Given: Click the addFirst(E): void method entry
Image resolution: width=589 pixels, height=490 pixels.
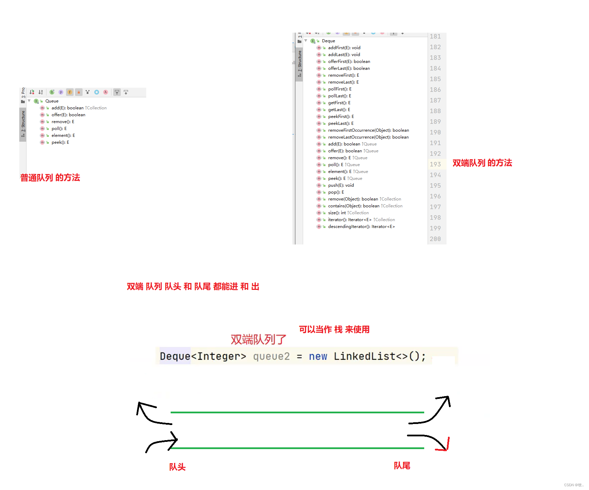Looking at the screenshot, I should click(344, 48).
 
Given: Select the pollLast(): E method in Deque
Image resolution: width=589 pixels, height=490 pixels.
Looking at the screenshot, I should click(340, 96).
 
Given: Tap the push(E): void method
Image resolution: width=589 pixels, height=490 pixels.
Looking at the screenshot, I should click(341, 185).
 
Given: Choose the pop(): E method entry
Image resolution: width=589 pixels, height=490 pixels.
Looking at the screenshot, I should click(336, 192).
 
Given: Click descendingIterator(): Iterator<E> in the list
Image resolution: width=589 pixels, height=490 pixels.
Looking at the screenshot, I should click(361, 227).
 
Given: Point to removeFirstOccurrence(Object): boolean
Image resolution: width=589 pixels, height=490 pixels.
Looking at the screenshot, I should click(368, 130).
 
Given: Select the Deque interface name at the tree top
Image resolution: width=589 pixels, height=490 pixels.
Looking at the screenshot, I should click(328, 41).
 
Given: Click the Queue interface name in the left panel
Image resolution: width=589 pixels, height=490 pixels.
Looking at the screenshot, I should click(52, 101).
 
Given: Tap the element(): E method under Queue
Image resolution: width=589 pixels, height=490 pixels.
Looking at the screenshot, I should click(63, 135).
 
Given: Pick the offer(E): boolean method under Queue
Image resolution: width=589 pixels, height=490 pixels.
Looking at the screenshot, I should click(68, 115).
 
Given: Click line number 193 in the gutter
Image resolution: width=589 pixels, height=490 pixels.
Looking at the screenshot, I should click(435, 164).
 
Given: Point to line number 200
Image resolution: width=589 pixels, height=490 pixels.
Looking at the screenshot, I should click(435, 239).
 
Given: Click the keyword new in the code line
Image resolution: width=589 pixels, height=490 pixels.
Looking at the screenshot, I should click(318, 357).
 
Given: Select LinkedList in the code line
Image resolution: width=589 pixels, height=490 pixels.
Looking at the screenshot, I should click(364, 357).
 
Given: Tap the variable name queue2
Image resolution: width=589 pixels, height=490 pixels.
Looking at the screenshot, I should click(271, 357).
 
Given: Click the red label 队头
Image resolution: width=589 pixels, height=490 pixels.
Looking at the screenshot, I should click(177, 467).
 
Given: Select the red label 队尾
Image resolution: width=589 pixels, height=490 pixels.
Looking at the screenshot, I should click(402, 466).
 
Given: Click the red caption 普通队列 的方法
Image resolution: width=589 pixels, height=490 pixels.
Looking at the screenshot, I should click(50, 178).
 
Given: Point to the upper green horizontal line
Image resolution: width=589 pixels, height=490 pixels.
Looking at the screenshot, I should click(297, 412).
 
